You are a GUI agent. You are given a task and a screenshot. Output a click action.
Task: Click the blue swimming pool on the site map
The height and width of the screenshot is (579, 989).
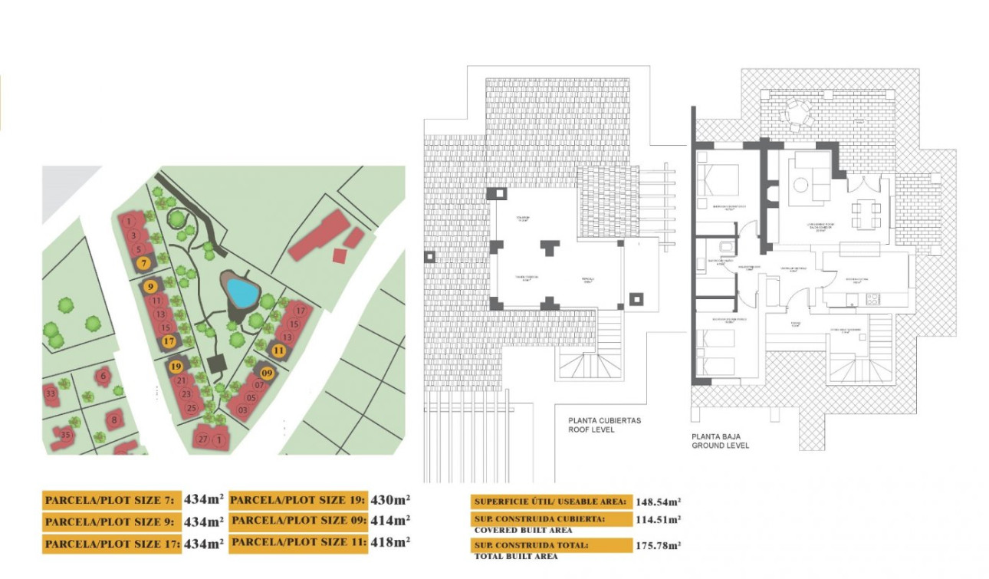242,292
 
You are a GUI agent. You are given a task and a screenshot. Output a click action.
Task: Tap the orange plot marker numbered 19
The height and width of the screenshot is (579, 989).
176,367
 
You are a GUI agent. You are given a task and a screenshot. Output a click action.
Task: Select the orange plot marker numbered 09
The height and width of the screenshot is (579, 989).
267,373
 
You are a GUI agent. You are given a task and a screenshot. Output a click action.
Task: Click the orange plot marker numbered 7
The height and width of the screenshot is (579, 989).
143,263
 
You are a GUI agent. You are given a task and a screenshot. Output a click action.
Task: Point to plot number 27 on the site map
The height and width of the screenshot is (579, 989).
203,439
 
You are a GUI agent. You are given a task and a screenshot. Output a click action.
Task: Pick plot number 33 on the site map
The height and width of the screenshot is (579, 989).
51,394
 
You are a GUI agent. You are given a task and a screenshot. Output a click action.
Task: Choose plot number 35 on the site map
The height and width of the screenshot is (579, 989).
65,436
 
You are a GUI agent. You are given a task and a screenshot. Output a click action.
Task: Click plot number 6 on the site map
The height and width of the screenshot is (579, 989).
103,375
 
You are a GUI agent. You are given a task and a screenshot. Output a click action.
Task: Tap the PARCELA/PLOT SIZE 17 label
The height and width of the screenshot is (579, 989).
112,544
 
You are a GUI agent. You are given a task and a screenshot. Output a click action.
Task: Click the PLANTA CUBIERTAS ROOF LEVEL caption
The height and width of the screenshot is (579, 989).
604,425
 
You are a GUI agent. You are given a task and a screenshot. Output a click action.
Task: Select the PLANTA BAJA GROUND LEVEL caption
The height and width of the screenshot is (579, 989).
720,440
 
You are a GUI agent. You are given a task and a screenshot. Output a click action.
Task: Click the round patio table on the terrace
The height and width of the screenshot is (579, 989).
796,114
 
